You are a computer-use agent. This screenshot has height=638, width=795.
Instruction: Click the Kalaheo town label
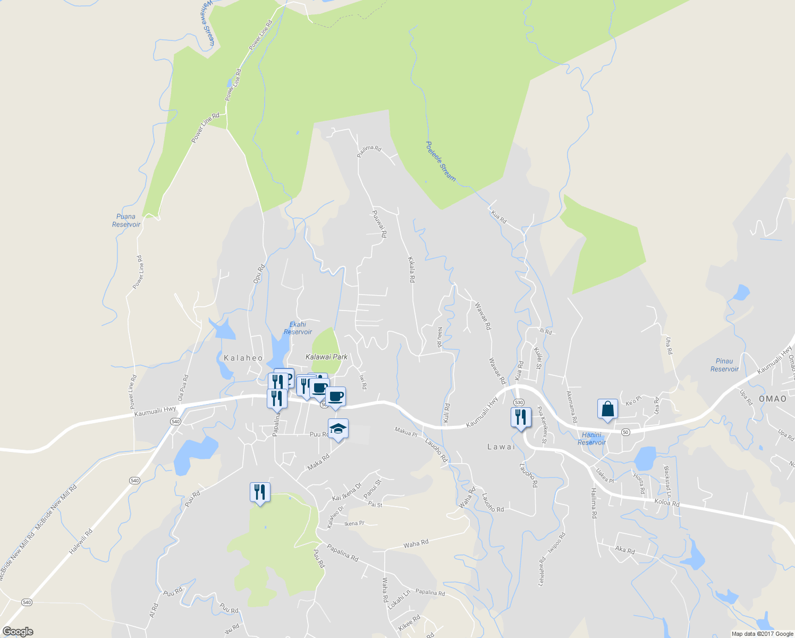pos(243,358)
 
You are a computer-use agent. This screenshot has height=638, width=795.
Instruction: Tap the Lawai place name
pos(501,447)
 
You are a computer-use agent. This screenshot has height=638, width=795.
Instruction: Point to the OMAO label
pos(772,399)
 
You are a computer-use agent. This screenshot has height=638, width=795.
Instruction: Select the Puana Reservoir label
pos(126,220)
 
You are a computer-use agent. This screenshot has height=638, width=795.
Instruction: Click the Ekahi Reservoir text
pos(298,328)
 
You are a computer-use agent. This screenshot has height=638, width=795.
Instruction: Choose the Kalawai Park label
pos(326,357)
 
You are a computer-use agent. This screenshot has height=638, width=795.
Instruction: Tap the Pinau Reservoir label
pos(724,365)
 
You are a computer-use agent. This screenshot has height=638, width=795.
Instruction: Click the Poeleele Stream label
pos(441,161)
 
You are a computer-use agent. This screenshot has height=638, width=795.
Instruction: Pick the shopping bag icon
pos(607,409)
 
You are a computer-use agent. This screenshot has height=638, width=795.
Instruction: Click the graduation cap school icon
pos(338,429)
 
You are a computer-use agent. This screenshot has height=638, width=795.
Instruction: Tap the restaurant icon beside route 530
pos(521,417)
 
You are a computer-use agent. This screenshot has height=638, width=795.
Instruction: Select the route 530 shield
pos(519,402)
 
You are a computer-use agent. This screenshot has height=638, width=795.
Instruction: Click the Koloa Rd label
pos(666,502)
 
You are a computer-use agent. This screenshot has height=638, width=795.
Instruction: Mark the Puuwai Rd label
pos(379,223)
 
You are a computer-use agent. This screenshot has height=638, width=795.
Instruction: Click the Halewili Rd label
pos(81,542)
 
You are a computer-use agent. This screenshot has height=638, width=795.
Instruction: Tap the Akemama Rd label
pos(572,407)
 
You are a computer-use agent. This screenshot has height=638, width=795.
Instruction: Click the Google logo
pos(18,632)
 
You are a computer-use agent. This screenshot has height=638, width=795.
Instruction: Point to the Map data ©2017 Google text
pos(762,634)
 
